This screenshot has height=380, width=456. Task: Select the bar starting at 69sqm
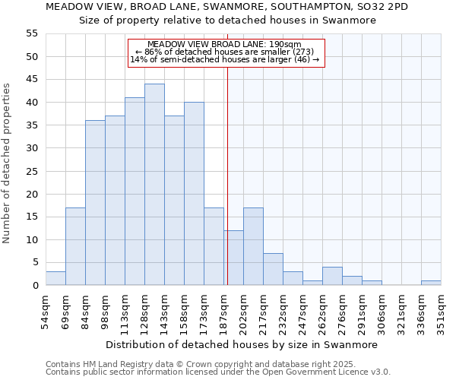point(75,246)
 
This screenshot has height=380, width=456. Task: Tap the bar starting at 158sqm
point(194,194)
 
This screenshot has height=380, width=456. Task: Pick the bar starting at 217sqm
point(273,269)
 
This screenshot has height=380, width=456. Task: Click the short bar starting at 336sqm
point(431,283)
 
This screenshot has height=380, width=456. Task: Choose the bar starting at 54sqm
point(55,278)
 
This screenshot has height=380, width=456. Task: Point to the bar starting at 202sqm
point(253,246)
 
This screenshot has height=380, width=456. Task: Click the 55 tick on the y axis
point(32,33)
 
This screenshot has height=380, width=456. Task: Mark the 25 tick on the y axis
point(32,171)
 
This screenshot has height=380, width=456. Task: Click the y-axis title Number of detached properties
point(8,163)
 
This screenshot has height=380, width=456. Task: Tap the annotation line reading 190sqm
point(226,44)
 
